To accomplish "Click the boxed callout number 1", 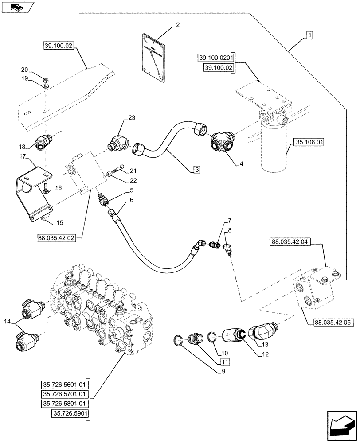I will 309,35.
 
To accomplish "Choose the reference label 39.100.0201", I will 215,58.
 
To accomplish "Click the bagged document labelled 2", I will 153,52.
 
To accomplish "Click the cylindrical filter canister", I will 274,146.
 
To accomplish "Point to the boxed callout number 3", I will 196,169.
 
